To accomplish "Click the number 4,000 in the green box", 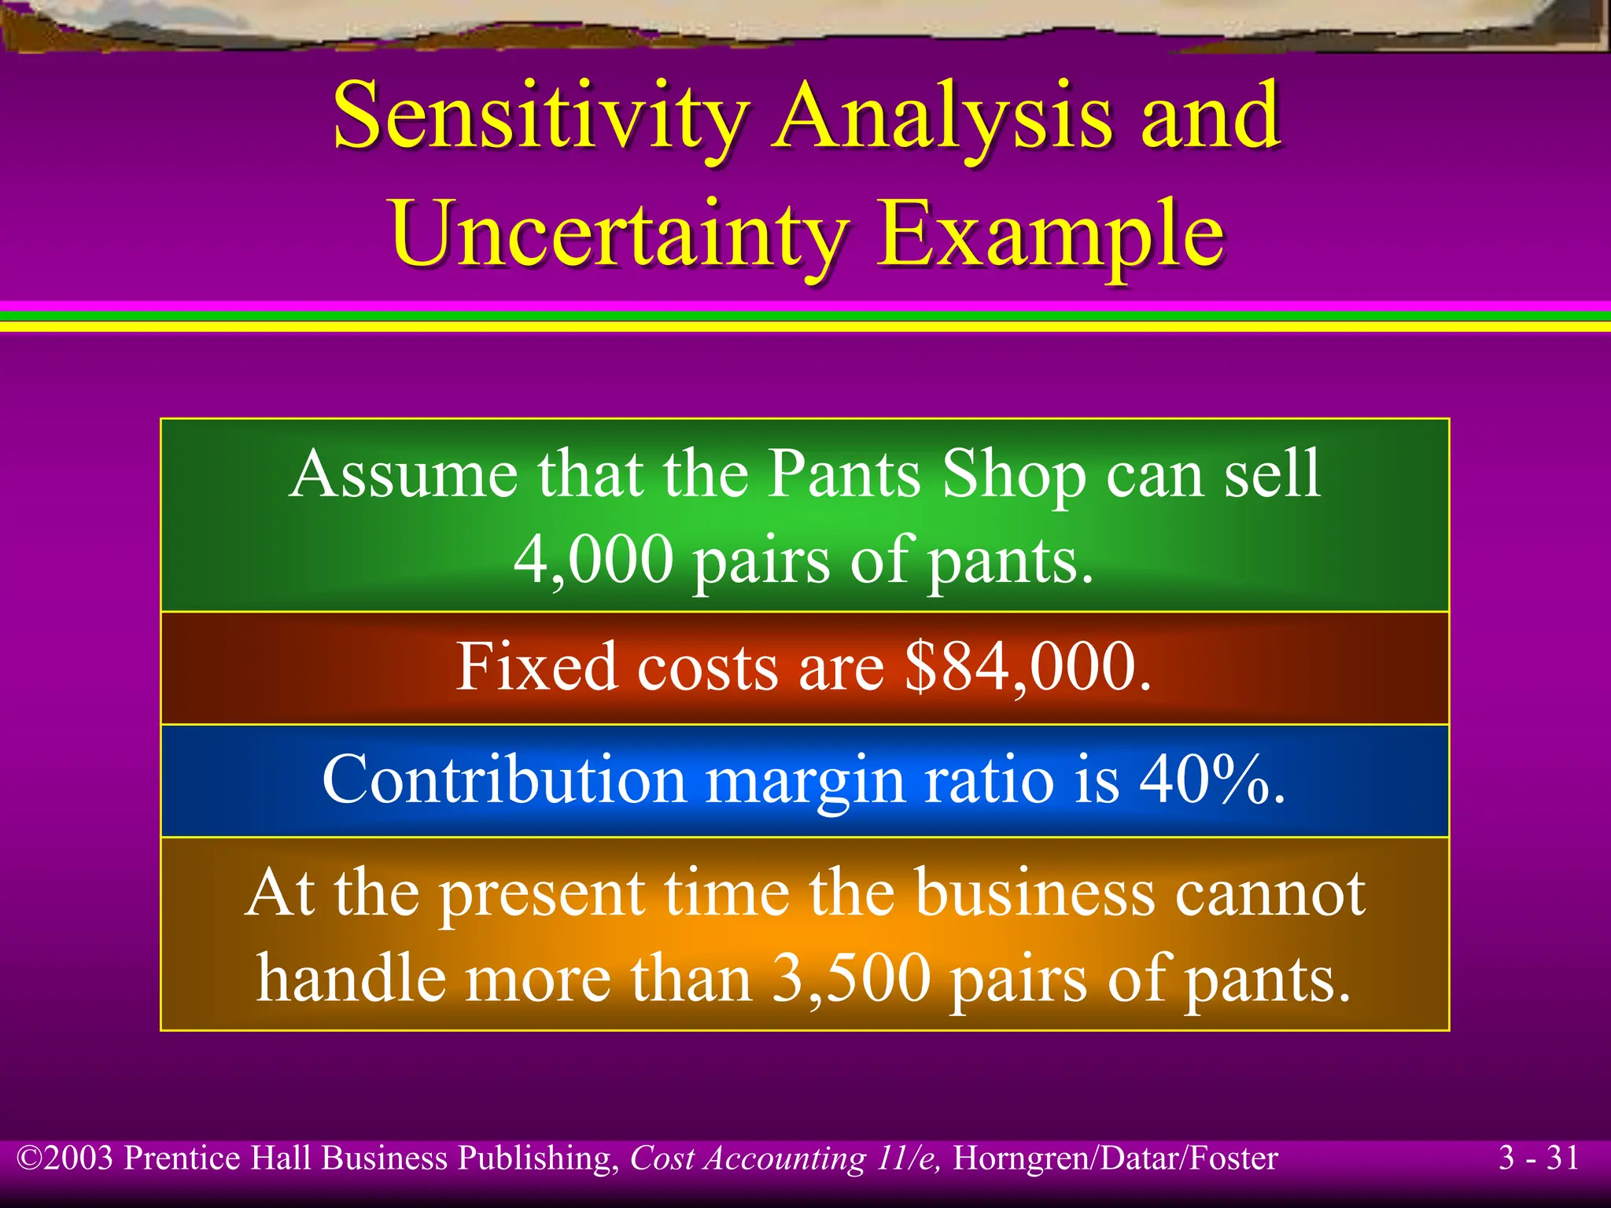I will pos(593,560).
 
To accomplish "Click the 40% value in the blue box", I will pos(1204,780).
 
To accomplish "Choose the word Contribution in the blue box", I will pos(504,780).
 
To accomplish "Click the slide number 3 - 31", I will pos(1539,1158).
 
